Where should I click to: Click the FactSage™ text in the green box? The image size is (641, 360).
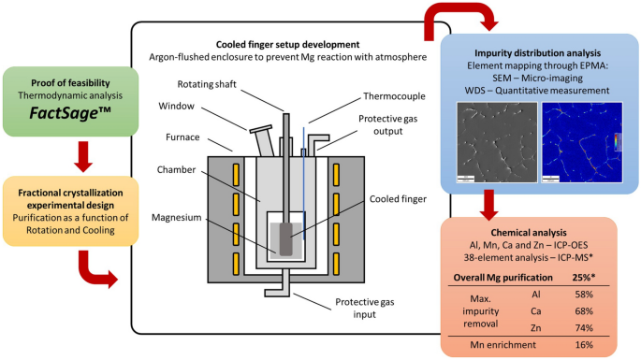tap(70, 113)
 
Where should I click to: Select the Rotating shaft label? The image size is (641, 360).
tap(207, 84)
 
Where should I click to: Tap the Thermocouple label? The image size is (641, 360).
tap(394, 96)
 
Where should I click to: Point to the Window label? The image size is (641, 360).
tap(176, 106)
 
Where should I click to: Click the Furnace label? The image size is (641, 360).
tap(182, 137)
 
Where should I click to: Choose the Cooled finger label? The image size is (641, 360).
tap(398, 199)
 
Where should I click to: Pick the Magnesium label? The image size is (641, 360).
tap(177, 217)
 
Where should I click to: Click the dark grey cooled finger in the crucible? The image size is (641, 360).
tap(285, 239)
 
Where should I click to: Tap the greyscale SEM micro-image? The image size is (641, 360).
tap(497, 142)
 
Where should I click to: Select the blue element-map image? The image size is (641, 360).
tap(582, 142)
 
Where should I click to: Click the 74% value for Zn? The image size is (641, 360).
tap(584, 327)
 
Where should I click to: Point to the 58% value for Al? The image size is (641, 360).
tap(584, 295)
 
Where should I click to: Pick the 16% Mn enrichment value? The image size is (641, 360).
tap(584, 344)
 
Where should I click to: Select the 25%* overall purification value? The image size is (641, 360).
tap(584, 278)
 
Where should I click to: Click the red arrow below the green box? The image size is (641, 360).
tap(83, 156)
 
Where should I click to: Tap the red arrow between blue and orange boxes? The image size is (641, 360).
tap(488, 205)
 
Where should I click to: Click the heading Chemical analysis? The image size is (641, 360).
tap(529, 233)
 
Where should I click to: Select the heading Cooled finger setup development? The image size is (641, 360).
tap(288, 45)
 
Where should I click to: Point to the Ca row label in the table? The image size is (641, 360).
tap(535, 311)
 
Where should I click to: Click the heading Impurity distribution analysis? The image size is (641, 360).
tap(537, 53)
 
